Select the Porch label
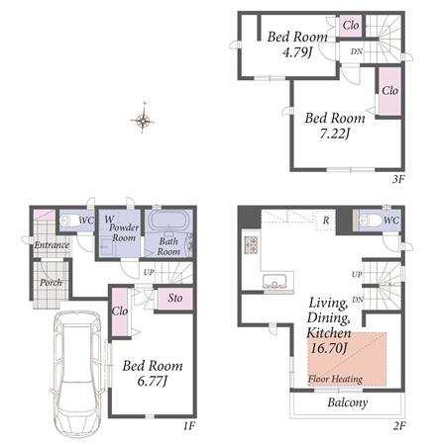pos(51,283)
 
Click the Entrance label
pos(52,245)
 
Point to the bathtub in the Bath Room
pos(168,220)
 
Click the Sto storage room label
pos(175,298)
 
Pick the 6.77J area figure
pos(152,382)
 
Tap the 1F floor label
pos(189,426)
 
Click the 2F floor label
pos(399,426)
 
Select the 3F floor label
pos(398,179)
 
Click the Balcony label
pos(348,402)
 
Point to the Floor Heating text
pos(335,379)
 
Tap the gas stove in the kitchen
pos(251,245)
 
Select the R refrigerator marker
pos(326,221)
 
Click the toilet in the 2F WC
pos(369,221)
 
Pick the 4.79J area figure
pos(297,52)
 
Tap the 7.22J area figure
pos(335,133)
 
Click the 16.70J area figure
pos(329,348)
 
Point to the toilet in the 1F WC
pos(70,221)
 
